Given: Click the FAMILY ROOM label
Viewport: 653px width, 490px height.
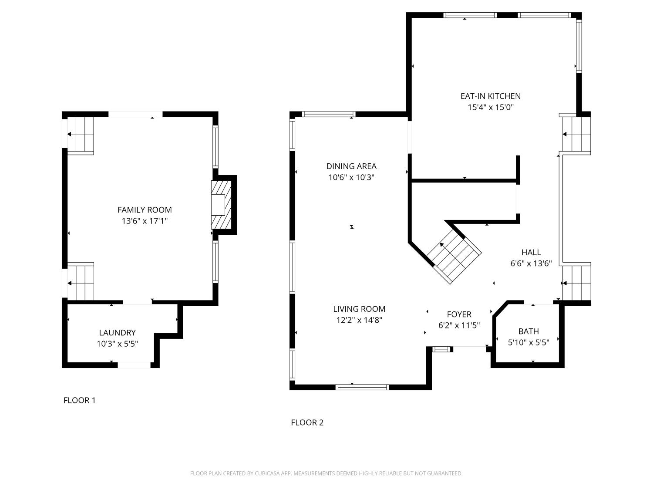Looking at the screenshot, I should point(145,210).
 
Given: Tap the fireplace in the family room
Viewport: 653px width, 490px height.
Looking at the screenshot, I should point(221,205).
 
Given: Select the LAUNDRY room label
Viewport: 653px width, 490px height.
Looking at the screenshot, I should point(117,333).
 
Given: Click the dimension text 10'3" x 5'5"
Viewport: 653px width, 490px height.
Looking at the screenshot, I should point(117,344).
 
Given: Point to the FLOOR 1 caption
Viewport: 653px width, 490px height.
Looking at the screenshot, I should point(79,400).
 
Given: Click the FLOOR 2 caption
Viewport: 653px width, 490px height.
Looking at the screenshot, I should point(307,422).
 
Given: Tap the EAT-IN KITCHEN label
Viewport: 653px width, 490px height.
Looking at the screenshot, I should point(491,96).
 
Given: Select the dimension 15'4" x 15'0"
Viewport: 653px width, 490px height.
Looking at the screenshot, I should point(491,108).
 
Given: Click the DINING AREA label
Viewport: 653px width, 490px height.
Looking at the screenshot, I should point(351,166).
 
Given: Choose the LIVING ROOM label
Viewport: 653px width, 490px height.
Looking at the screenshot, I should point(359,309).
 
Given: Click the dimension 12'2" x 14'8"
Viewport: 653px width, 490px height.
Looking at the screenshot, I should point(359,321).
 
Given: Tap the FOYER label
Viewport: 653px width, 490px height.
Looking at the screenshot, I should point(459,314).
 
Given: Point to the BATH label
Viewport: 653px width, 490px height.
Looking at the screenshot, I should point(528,331).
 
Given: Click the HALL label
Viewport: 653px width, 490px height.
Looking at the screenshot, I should point(531,252).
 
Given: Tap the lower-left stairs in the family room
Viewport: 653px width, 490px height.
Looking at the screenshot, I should point(81,282).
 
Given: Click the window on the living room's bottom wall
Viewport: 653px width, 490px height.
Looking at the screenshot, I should point(362,387).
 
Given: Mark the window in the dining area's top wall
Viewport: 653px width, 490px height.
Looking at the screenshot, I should point(329,115).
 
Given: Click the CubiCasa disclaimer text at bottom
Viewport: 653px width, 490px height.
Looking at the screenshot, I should point(326,473).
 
